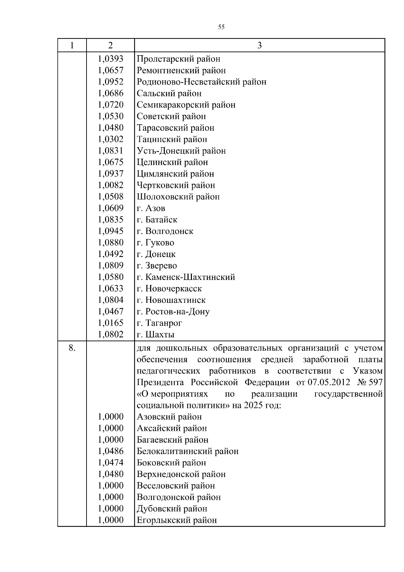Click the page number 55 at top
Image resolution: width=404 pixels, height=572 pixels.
(x=221, y=27)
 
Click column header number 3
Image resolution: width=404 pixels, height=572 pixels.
(x=259, y=45)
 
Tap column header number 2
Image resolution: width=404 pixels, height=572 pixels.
(x=110, y=45)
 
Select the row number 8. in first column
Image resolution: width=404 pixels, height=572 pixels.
(x=72, y=348)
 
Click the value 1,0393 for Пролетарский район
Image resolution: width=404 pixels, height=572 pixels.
(x=110, y=59)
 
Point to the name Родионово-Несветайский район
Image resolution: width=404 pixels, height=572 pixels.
(x=201, y=82)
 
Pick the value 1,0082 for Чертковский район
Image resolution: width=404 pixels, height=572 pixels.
(x=110, y=185)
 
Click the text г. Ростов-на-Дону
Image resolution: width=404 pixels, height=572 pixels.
(x=173, y=312)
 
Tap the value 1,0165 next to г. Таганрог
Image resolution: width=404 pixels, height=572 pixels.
(x=110, y=323)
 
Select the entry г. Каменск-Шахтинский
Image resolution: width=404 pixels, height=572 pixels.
(x=186, y=277)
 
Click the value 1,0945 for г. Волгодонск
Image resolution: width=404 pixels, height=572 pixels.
(x=110, y=231)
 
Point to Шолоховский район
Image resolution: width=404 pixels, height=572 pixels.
(x=178, y=197)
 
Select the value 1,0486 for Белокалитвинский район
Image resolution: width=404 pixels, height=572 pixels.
(x=110, y=451)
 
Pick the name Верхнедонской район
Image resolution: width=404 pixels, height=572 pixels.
(x=181, y=474)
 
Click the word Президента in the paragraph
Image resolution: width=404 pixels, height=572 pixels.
(x=160, y=383)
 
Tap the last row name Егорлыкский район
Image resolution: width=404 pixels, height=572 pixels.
(x=177, y=520)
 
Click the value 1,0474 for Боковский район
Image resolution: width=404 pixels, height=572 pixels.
(x=110, y=463)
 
